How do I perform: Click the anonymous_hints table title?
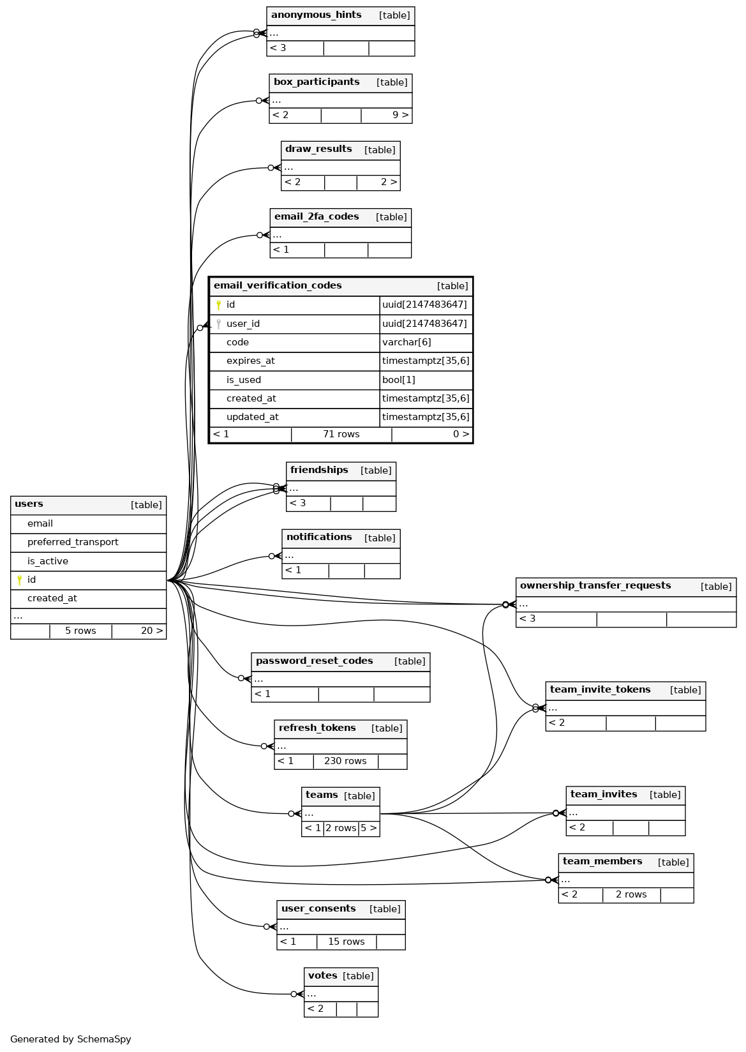pos(316,15)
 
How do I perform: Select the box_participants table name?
pos(317,82)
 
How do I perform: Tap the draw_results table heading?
pos(318,149)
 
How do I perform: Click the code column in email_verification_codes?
pos(237,343)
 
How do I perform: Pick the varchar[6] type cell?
pos(407,343)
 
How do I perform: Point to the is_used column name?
pos(244,380)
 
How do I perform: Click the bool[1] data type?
pos(399,380)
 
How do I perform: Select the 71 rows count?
pos(341,435)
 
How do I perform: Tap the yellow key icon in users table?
pos(20,580)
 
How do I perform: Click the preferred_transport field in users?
pos(73,543)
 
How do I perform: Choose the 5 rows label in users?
pos(80,631)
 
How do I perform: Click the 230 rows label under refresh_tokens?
pos(345,762)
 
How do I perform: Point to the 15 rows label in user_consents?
pos(346,942)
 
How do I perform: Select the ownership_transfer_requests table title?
pos(595,586)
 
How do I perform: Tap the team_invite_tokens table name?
pos(600,690)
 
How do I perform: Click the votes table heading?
pos(322,976)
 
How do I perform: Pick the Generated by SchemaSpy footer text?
pos(71,1040)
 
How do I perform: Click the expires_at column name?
pos(250,361)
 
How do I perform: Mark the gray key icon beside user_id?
pos(218,324)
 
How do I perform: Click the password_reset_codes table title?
pos(314,661)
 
